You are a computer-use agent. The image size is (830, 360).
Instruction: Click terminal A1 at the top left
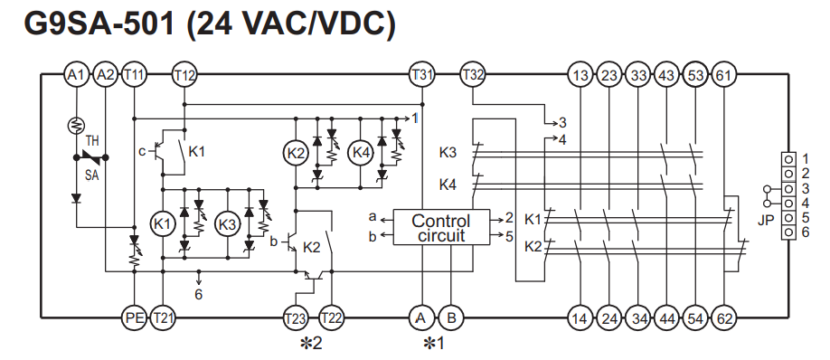77,75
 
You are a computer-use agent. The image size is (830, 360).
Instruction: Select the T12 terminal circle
184,75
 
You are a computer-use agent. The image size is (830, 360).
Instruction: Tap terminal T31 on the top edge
422,75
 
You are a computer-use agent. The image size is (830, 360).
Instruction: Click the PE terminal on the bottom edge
135,318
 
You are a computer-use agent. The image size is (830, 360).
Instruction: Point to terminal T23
295,318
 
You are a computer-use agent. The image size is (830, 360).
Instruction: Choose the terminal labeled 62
723,318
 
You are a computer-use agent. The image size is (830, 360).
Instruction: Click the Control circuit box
441,228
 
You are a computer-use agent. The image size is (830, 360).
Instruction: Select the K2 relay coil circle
296,154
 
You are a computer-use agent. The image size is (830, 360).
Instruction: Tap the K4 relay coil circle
361,154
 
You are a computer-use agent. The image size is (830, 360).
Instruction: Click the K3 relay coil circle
227,224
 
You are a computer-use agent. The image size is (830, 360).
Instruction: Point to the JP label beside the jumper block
766,221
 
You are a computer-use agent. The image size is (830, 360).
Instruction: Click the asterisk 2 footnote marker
311,344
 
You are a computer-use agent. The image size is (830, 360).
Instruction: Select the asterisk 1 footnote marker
434,344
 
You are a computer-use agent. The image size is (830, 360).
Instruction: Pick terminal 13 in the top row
580,75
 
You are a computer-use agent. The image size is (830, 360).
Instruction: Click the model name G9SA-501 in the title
99,24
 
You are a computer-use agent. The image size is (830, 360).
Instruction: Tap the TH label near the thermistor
92,142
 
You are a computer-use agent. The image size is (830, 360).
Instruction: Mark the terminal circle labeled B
451,318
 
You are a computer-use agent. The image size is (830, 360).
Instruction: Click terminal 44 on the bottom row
666,318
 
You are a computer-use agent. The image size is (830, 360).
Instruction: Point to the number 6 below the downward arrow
199,294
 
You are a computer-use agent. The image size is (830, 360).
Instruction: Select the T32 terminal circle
472,75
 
